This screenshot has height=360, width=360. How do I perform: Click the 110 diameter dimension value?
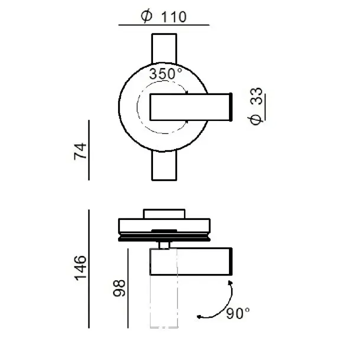[174, 17]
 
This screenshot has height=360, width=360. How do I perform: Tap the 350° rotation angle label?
[165, 73]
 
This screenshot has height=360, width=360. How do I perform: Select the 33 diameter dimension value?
[256, 96]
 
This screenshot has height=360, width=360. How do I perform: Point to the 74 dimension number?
[80, 151]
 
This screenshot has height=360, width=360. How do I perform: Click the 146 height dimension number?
[80, 268]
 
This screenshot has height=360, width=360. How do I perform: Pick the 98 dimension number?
[119, 288]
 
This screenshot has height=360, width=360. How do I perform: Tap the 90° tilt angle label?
[238, 313]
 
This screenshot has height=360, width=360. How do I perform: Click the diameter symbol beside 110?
[146, 17]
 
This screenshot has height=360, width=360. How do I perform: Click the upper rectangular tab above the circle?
[164, 48]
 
